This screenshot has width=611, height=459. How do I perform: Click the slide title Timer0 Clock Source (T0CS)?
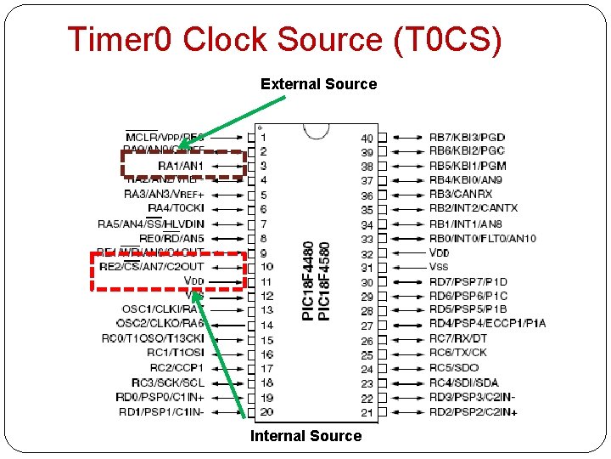284,40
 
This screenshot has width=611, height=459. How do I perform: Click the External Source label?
318,84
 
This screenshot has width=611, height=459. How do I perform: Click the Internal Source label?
305,436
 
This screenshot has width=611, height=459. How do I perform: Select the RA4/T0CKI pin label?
176,208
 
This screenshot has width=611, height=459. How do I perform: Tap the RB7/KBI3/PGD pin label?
467,137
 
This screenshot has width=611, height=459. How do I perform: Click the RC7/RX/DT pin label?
458,338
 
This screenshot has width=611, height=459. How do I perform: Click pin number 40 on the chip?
367,138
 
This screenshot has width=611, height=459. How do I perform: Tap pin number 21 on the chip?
367,412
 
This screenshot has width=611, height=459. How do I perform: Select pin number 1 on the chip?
263,138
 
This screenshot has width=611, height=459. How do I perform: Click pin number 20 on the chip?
266,412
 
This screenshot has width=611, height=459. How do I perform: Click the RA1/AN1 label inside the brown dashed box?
181,165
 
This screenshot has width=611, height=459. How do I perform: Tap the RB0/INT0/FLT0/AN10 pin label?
482,239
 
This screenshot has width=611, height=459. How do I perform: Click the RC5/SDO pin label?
454,368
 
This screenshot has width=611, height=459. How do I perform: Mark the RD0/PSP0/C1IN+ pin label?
160,397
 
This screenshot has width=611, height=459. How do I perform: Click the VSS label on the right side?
439,267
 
